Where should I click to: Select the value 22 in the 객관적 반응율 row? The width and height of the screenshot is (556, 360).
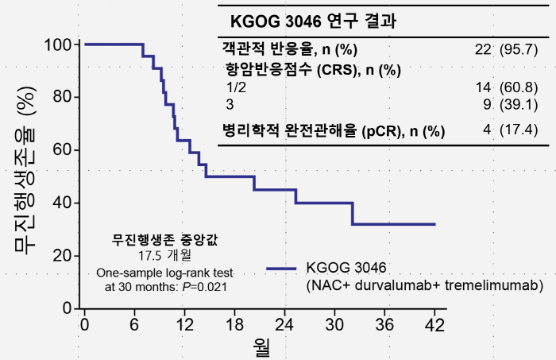pos(483,49)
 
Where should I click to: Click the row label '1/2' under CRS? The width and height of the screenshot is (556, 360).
pos(237,86)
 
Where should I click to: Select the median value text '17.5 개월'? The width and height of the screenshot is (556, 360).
pos(160,255)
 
